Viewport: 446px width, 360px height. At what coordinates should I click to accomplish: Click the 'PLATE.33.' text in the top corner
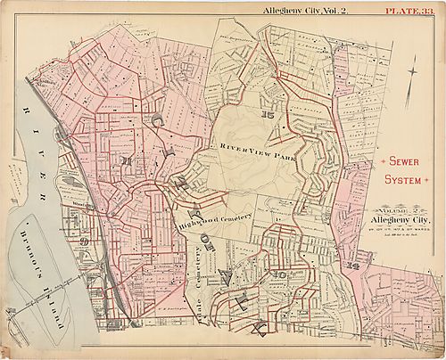(411, 10)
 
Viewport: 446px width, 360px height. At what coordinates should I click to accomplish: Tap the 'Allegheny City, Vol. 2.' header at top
(301, 10)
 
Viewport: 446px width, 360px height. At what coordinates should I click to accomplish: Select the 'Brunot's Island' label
(37, 283)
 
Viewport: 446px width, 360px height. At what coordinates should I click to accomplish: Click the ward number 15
(265, 116)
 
